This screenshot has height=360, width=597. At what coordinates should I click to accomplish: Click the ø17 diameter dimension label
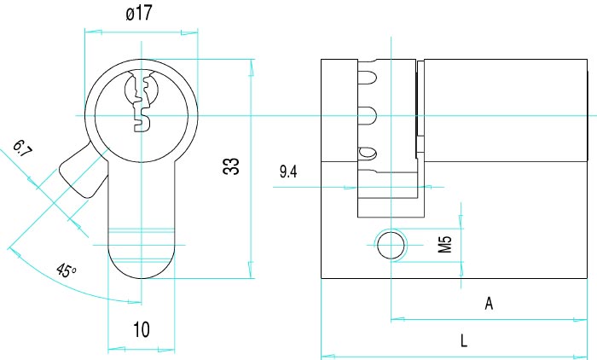[139, 14]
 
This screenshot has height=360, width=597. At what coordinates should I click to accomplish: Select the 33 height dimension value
[231, 166]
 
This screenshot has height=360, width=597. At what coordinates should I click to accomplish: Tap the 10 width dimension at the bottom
[142, 329]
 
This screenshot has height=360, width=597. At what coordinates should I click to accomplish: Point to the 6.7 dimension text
[22, 148]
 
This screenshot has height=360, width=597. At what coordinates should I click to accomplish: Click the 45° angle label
[66, 270]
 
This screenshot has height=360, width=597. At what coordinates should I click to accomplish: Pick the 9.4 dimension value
[288, 171]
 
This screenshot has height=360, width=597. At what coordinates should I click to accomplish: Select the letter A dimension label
[489, 304]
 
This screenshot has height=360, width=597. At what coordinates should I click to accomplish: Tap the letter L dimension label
[464, 340]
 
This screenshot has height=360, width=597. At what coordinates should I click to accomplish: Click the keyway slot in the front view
[141, 101]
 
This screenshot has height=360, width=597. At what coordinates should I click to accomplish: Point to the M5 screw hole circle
[391, 245]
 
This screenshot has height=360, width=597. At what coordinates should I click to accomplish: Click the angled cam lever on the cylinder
[84, 171]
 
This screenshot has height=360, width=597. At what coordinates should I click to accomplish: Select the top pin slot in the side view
[367, 77]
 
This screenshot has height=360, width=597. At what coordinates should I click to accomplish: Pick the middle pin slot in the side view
[367, 116]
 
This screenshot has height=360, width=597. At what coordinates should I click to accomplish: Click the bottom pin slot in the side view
[367, 154]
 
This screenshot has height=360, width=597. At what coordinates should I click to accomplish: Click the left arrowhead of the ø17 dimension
[93, 32]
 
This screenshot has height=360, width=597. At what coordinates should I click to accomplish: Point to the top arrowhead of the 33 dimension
[251, 67]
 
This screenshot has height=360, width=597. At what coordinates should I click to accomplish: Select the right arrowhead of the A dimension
[579, 319]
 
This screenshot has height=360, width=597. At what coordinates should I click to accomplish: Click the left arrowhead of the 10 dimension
[117, 348]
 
